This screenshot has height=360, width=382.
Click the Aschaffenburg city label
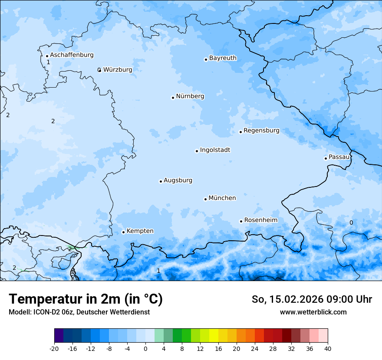(x=72, y=55)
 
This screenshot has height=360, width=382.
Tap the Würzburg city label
(x=118, y=69)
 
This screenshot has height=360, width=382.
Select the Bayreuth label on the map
(x=223, y=58)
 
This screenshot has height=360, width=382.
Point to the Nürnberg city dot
(x=173, y=98)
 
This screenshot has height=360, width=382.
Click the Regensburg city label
(x=261, y=131)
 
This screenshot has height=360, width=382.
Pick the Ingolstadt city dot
(x=197, y=151)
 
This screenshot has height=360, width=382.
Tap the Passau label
(x=339, y=157)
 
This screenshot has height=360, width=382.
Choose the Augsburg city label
(x=178, y=180)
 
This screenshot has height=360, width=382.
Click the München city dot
(x=205, y=199)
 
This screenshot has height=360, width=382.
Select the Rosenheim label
(x=260, y=220)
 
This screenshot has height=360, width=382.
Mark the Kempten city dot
(x=123, y=232)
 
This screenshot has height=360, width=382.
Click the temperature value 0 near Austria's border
(x=351, y=223)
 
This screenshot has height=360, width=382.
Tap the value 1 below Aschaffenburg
(x=48, y=62)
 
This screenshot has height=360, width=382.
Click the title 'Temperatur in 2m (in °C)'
(x=86, y=299)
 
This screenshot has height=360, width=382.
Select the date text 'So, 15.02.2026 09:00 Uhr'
(x=312, y=299)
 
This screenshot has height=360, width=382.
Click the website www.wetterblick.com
(x=313, y=312)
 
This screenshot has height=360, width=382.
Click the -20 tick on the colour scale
(x=54, y=349)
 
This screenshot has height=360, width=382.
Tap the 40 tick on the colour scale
(x=328, y=349)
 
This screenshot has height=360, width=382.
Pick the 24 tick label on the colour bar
(x=255, y=349)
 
